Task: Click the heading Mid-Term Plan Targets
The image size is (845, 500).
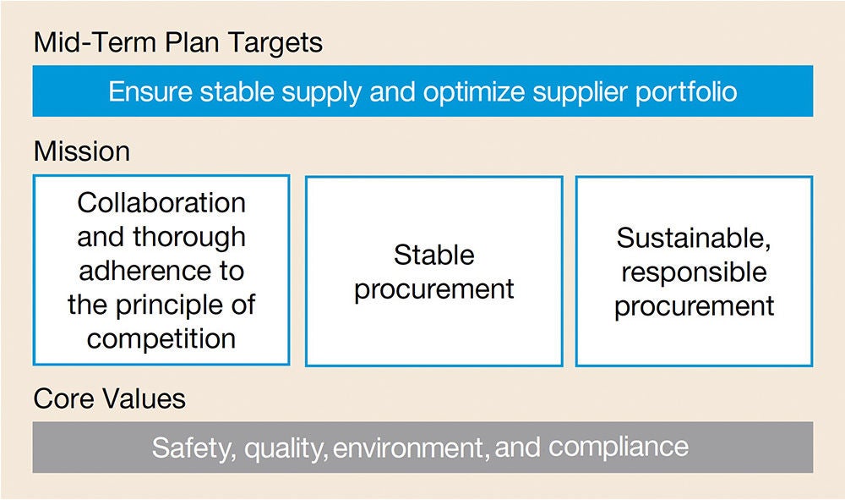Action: (177, 43)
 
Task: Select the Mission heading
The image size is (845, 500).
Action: (82, 152)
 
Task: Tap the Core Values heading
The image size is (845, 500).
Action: (109, 398)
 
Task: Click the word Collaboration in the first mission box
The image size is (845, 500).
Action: (161, 203)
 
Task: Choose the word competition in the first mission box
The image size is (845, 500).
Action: (161, 338)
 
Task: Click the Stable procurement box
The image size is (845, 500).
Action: (433, 272)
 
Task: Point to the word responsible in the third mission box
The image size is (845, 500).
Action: (694, 272)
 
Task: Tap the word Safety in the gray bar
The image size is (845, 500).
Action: (191, 447)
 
